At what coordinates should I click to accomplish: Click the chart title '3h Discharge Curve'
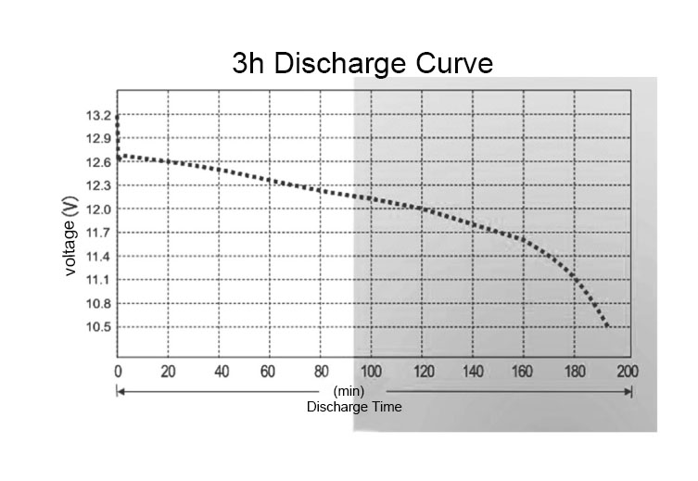[362, 63]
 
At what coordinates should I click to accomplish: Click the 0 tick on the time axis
[118, 372]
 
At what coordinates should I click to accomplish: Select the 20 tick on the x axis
[169, 372]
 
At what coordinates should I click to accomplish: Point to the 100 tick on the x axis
[372, 372]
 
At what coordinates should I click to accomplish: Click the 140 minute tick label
[474, 372]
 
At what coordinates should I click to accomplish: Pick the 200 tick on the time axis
[628, 372]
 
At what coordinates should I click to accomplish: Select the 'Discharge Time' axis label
[354, 407]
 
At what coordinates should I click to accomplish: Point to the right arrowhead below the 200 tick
[629, 392]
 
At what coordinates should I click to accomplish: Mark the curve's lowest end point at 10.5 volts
[608, 326]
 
